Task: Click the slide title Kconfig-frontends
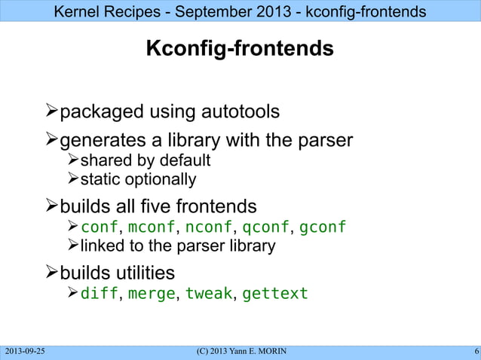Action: tap(240, 50)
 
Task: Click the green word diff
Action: tap(99, 294)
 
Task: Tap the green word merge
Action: tap(151, 294)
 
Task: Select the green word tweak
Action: tap(209, 294)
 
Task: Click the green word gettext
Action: tap(275, 294)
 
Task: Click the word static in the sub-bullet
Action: tap(99, 180)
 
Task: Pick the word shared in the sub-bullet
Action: tap(105, 161)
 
